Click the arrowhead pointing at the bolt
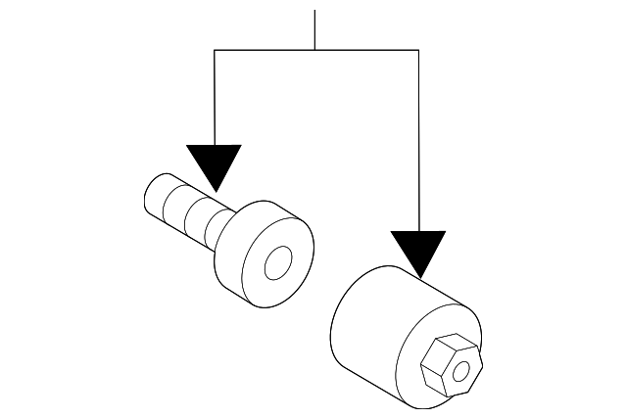(x=214, y=164)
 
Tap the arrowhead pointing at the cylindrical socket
(x=418, y=251)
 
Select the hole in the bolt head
(x=279, y=262)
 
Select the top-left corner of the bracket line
(x=215, y=49)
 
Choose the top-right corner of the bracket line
(x=419, y=49)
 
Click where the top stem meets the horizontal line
(x=314, y=49)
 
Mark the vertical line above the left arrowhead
(x=215, y=98)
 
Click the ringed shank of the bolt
(x=186, y=209)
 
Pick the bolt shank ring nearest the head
(x=210, y=223)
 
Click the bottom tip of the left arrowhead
(x=214, y=191)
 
